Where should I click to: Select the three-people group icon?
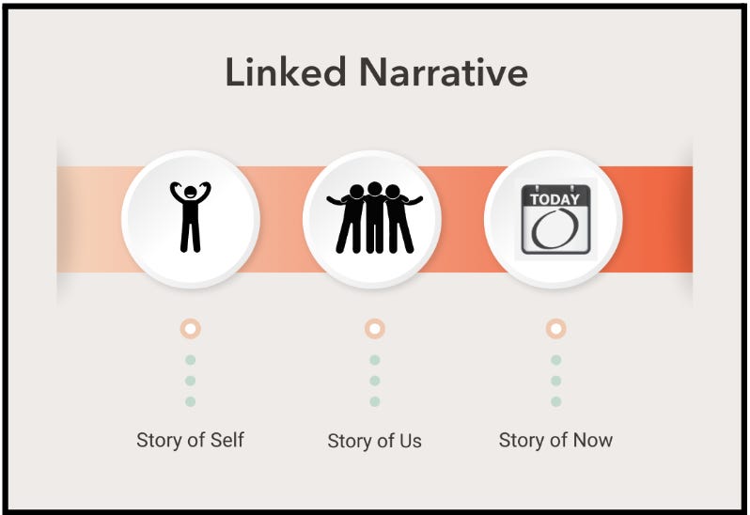374,218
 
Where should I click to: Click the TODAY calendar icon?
555,219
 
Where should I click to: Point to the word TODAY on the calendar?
555,198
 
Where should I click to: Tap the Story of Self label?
190,440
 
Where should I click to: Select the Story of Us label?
374,441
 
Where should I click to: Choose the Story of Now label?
555,440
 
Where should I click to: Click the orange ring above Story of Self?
191,329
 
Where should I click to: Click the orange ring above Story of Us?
375,329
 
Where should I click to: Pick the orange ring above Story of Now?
556,329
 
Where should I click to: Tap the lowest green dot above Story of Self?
191,401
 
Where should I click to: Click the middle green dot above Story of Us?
375,381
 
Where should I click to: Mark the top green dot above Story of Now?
556,360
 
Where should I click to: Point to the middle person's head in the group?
375,189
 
